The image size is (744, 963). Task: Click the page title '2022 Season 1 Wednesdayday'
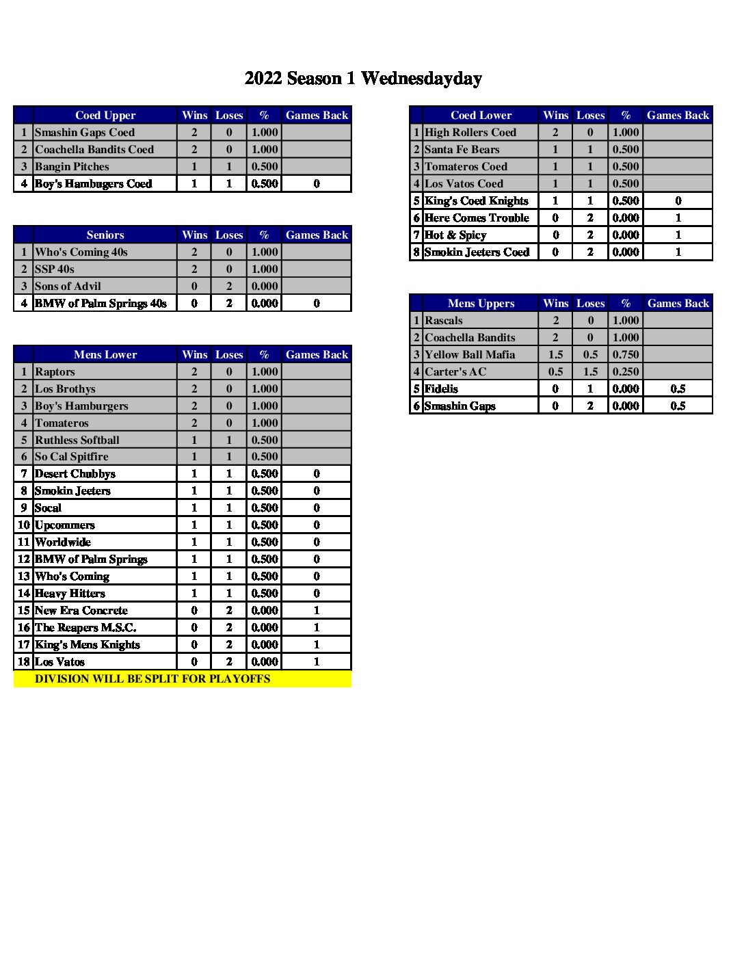coord(363,79)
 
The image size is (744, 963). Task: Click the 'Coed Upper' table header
coord(105,115)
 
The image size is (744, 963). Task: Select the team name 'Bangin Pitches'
coord(72,166)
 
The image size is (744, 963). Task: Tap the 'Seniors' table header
coord(105,235)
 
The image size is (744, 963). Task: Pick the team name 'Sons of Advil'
coord(68,286)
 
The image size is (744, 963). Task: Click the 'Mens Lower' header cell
coord(105,354)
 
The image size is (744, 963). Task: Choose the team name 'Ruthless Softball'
coord(77,440)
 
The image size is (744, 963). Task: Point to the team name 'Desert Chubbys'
coord(75,473)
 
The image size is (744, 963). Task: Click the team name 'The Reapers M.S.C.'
coord(85,627)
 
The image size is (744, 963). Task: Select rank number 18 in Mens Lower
coord(24,661)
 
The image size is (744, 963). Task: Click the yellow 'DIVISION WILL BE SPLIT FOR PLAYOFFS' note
coord(152,678)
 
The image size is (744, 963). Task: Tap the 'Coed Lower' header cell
coord(481,115)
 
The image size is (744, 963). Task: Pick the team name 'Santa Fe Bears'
coord(462,149)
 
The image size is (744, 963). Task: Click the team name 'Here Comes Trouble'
coord(477,217)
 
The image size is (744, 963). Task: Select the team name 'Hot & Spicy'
coord(455,235)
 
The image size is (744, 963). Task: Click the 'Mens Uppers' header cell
coord(481,303)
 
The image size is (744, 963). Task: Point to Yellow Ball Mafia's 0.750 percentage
coord(626,354)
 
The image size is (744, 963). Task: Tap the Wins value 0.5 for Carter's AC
coord(555,371)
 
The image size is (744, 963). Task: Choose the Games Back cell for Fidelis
coord(678,388)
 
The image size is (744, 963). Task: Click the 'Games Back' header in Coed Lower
coord(678,115)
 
